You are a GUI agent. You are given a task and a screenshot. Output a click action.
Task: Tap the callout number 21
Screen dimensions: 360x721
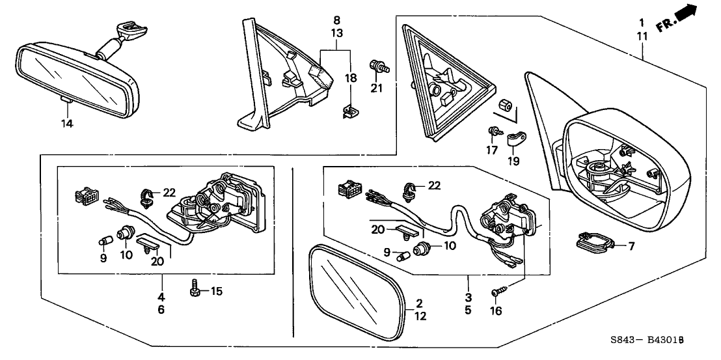point(376,89)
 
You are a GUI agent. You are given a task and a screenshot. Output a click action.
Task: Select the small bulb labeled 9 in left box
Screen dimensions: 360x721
point(103,242)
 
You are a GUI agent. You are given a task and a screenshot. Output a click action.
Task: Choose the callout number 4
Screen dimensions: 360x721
point(161,297)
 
